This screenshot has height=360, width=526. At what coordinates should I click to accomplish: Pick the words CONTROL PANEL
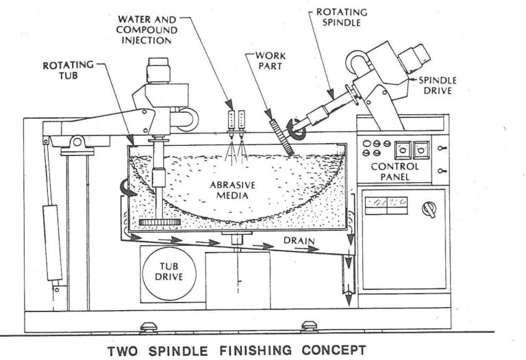pyautogui.click(x=393, y=172)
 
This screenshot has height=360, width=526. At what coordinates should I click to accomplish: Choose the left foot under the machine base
pyautogui.click(x=147, y=325)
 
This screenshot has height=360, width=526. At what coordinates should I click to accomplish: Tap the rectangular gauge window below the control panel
pyautogui.click(x=386, y=203)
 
